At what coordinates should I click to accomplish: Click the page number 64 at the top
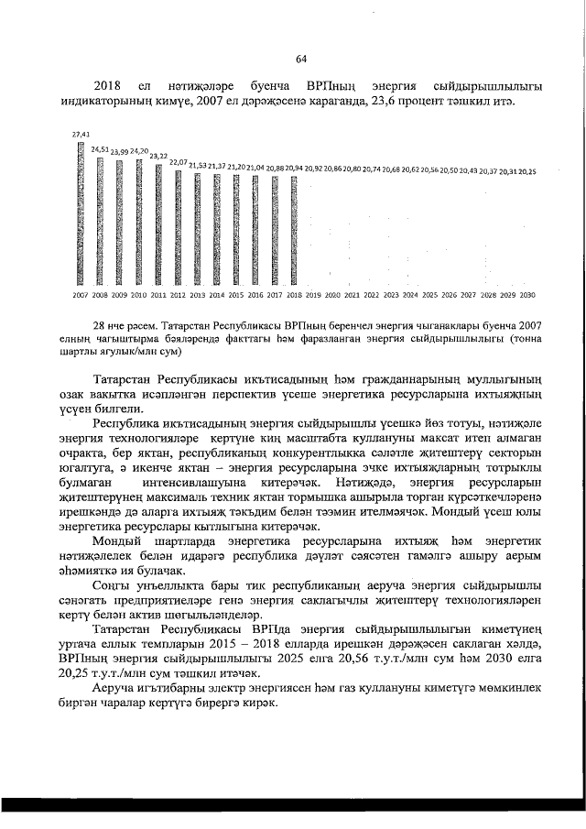[301, 61]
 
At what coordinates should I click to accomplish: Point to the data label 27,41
[80, 134]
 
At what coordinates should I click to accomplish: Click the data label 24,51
[100, 148]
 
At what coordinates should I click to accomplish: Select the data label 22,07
[177, 161]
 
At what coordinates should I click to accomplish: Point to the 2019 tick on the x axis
[313, 296]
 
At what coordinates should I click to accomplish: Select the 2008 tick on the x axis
[99, 296]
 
